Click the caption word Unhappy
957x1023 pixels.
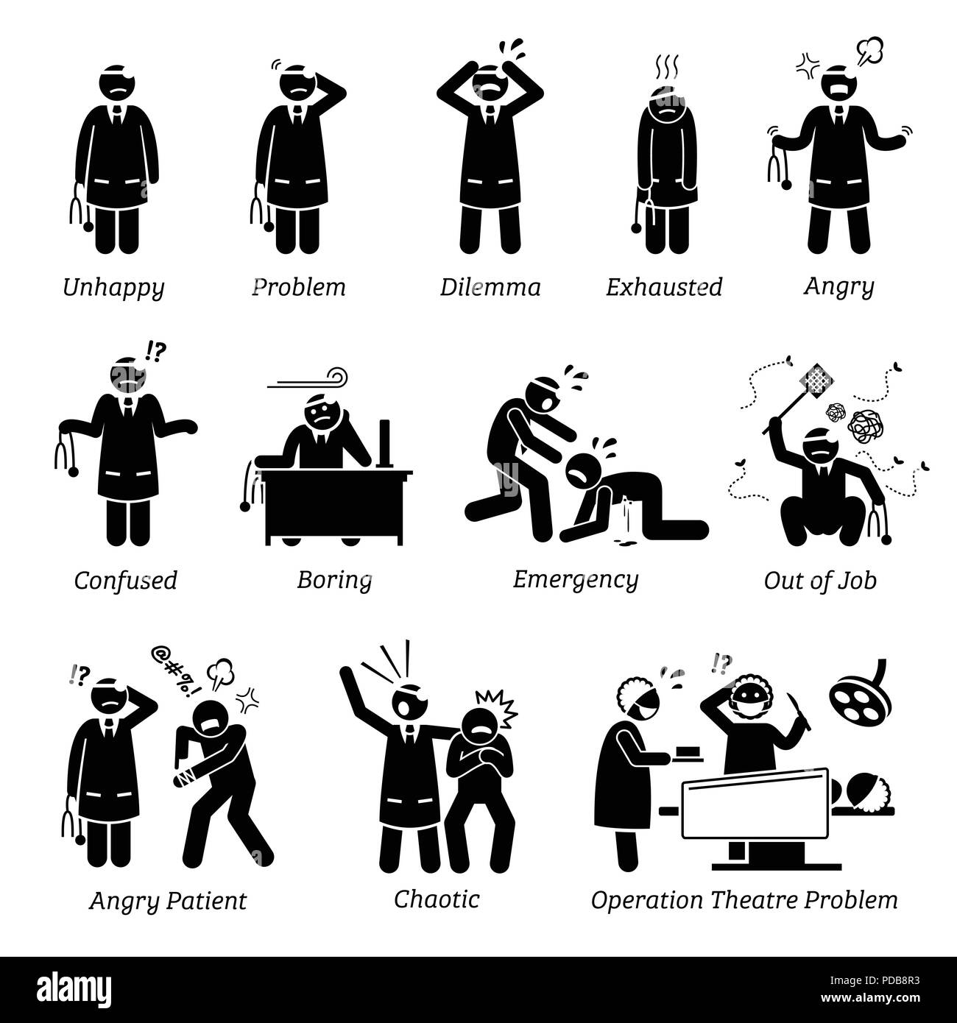[113, 288]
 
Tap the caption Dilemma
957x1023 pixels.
[490, 287]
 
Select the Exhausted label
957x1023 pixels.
[664, 287]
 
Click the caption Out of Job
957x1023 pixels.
[820, 581]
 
